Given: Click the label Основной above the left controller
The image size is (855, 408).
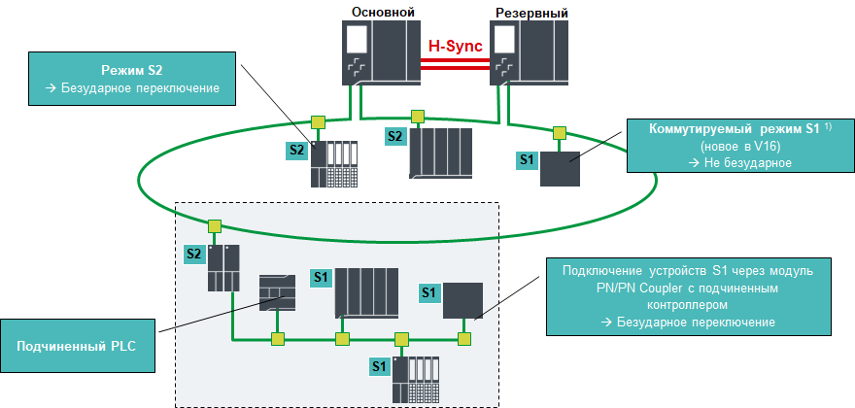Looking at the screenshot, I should pos(383,12).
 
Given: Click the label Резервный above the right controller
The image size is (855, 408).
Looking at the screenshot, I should pos(531,12).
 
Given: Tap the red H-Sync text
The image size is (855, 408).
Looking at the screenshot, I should pos(456,45).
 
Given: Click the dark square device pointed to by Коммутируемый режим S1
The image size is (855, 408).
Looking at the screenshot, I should pos(560,169).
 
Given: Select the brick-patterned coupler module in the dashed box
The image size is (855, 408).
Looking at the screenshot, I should pos(277,291).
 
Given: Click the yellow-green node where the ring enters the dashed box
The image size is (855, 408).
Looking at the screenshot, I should pos(214,225).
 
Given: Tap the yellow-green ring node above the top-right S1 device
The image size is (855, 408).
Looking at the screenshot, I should pos(559,132).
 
